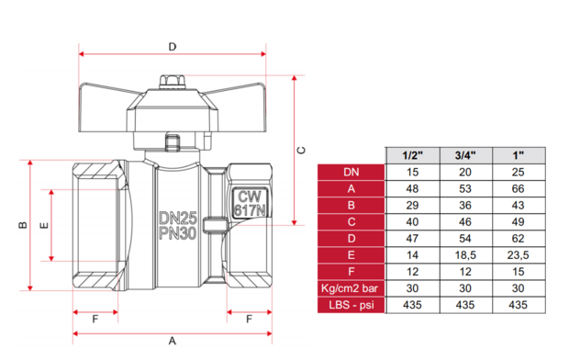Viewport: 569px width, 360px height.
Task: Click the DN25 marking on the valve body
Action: [178, 219]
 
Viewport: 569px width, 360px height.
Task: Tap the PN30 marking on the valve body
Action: [178, 233]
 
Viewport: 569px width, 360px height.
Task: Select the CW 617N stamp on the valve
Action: [250, 203]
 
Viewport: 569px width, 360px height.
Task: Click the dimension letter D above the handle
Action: [173, 47]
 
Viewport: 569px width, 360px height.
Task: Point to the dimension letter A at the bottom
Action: [173, 341]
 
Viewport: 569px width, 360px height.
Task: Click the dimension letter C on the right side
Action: [301, 150]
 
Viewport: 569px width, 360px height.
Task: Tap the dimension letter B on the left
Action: [23, 225]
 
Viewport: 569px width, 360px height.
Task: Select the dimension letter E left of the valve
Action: [44, 226]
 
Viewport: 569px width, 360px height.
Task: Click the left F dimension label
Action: [95, 320]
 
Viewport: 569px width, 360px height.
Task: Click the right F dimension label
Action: [249, 320]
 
